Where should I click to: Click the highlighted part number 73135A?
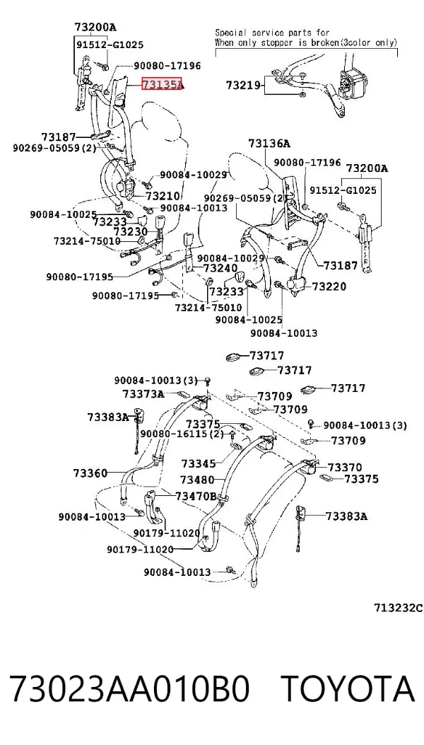tap(162, 85)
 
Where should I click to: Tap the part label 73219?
tap(243, 86)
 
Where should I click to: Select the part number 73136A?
tap(269, 144)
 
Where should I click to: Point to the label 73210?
tap(163, 196)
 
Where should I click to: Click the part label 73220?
tap(329, 287)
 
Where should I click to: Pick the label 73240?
tap(220, 268)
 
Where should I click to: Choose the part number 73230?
tap(131, 231)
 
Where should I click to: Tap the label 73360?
tap(90, 473)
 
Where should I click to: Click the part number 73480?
tap(198, 480)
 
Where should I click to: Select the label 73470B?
tap(196, 496)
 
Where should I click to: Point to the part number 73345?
tap(199, 463)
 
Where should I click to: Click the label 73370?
tap(345, 468)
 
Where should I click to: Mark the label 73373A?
tap(143, 394)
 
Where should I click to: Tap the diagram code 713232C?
tap(398, 608)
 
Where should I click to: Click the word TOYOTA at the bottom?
tap(348, 688)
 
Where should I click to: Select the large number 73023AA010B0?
tap(129, 688)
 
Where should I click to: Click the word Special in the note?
tap(231, 33)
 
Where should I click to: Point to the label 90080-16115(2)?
tap(182, 434)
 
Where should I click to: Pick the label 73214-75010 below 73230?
tap(88, 241)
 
